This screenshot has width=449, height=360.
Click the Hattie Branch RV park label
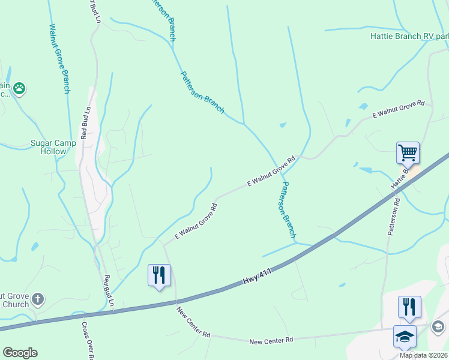[409, 36]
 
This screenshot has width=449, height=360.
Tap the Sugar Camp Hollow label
[53, 147]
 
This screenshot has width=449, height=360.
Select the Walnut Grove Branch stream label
[59, 58]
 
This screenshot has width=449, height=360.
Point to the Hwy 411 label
[258, 277]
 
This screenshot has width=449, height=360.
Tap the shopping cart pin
[408, 153]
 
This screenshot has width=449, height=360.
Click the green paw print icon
[20, 88]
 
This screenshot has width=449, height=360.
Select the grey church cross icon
[37, 299]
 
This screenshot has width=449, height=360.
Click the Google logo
[20, 353]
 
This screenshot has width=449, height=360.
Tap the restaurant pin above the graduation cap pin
[409, 306]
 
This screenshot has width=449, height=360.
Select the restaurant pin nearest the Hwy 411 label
[159, 275]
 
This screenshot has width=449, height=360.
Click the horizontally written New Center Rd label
[271, 340]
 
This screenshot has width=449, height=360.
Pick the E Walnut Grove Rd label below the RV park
[398, 109]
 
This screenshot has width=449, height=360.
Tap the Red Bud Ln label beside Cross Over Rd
[108, 291]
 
